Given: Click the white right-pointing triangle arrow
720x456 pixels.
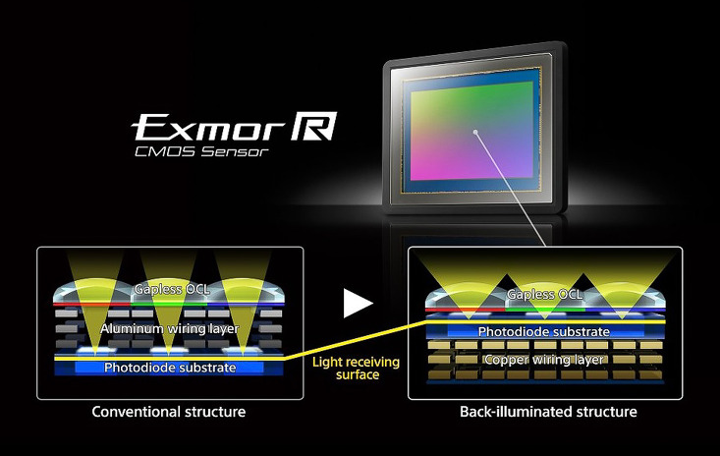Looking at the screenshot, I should point(357,304).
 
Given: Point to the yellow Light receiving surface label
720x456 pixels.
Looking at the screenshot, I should point(355,368).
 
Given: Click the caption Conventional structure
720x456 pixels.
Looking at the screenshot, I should point(168,412).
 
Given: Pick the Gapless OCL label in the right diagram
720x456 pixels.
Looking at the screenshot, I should point(544,295).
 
